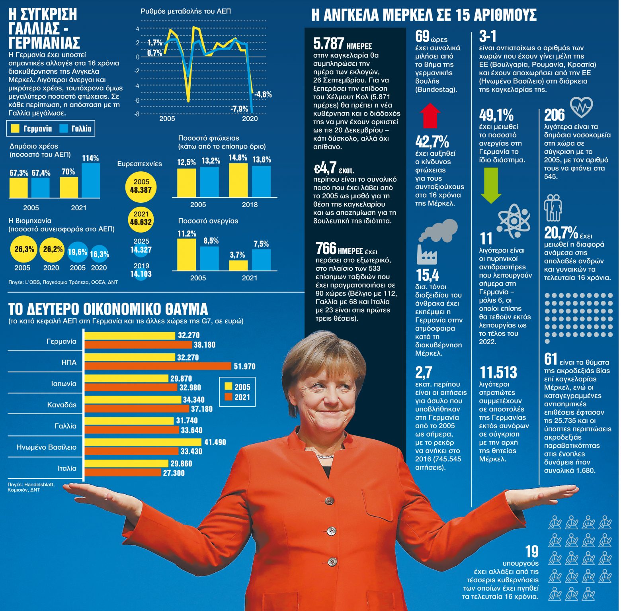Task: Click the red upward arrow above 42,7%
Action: tap(430, 116)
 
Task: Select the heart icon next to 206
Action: tap(581, 107)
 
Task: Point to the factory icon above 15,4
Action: tap(427, 254)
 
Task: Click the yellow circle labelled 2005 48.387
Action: tap(141, 186)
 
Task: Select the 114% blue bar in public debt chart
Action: tap(90, 180)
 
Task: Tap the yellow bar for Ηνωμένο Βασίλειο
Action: tap(143, 442)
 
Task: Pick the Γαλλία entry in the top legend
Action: tap(76, 129)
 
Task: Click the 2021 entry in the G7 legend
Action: tap(238, 397)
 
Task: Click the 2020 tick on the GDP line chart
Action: tap(250, 119)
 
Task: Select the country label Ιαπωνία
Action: tap(64, 384)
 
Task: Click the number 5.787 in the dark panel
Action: tap(328, 43)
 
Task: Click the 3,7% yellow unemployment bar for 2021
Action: tap(238, 265)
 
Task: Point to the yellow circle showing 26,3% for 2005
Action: tap(24, 250)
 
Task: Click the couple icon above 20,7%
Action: tap(553, 208)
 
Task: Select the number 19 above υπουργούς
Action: tap(532, 552)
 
